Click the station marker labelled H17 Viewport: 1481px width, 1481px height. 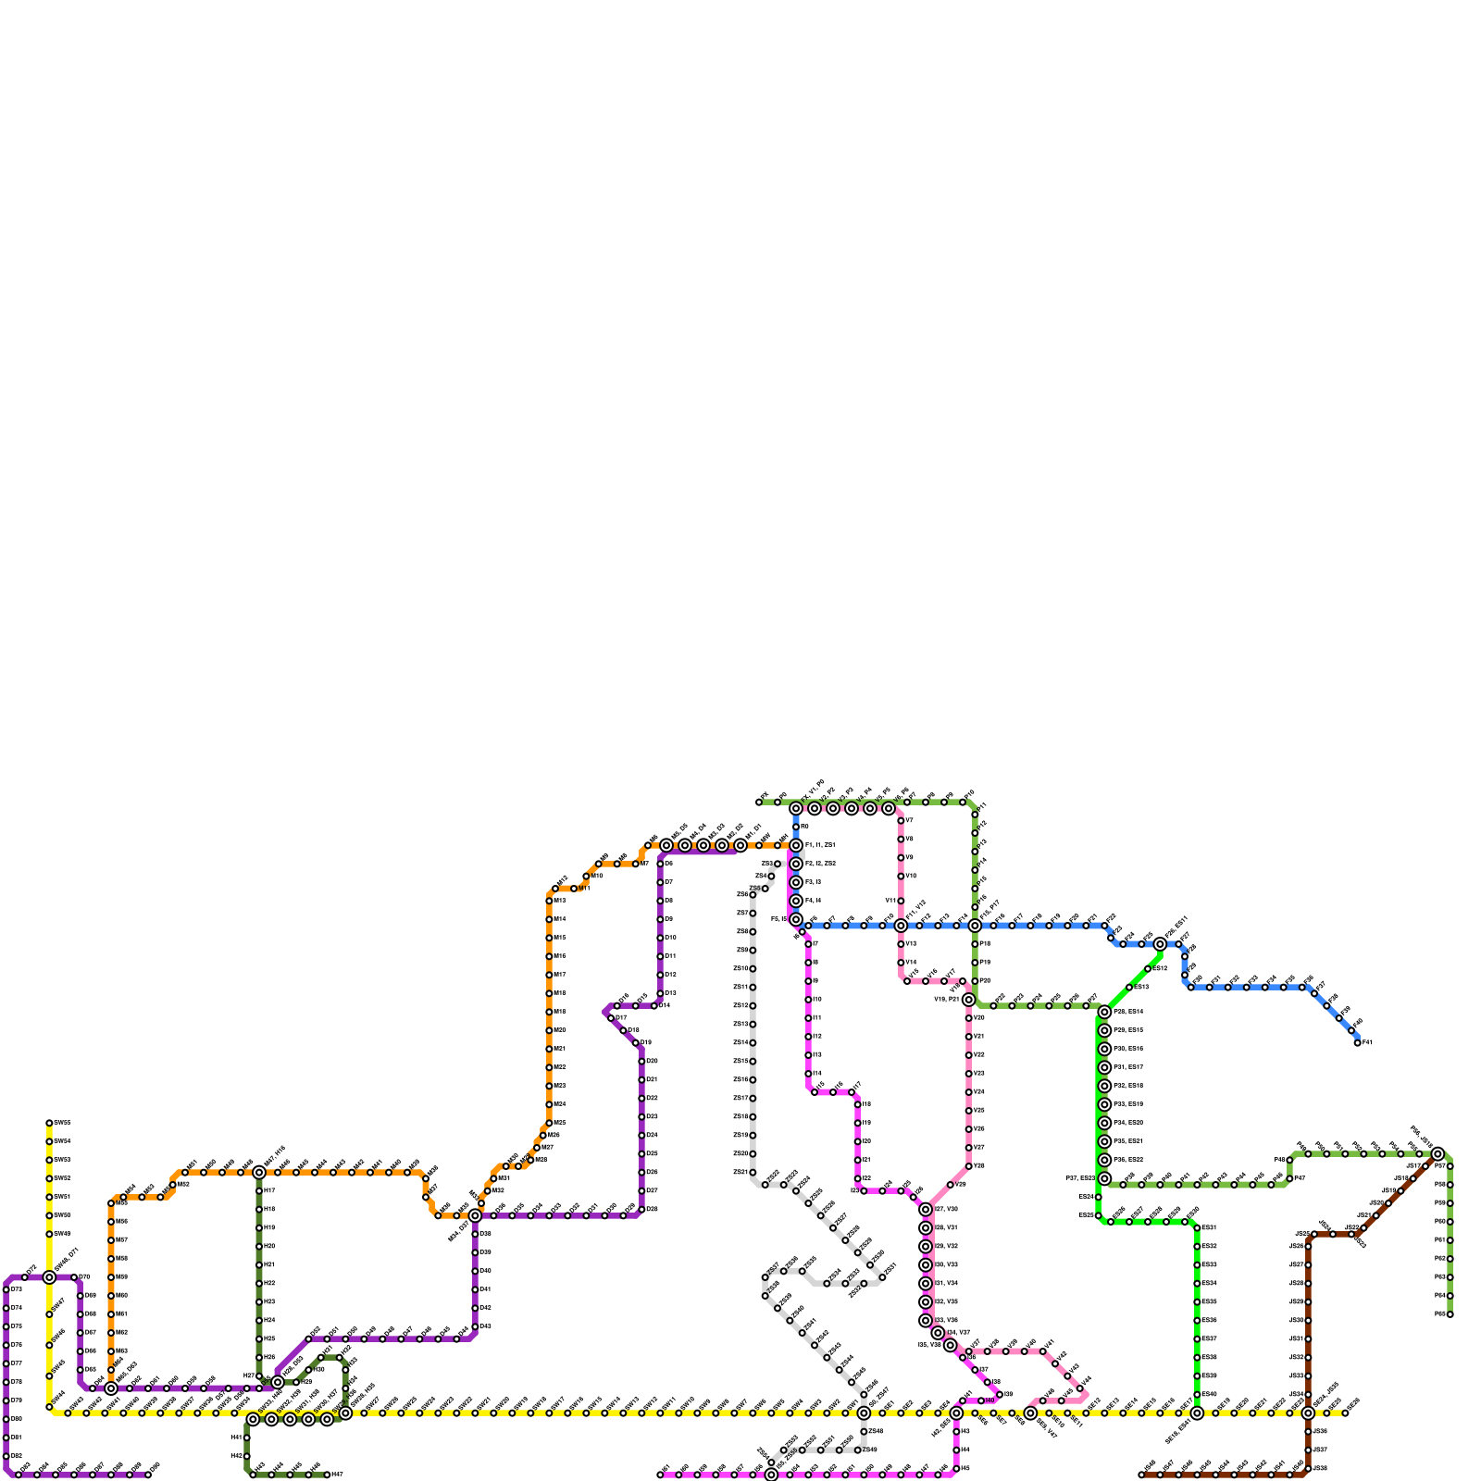(259, 1190)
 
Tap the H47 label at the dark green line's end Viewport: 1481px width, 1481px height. (338, 1475)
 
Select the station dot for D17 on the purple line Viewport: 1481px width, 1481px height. (611, 1018)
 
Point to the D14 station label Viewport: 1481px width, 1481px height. (665, 1005)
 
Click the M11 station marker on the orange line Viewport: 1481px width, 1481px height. (574, 889)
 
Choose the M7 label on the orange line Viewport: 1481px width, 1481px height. (644, 864)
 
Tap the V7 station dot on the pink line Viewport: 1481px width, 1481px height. (901, 820)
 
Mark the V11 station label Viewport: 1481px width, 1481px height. (890, 901)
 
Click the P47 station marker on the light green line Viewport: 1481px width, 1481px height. (1289, 1178)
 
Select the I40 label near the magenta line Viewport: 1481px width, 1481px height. (989, 1400)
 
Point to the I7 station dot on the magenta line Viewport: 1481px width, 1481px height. (808, 943)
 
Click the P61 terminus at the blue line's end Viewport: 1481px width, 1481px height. (1357, 1043)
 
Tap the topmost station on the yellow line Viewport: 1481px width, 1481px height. (49, 1123)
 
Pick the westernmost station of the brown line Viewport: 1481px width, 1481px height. (1141, 1475)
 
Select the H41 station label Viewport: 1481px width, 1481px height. (236, 1437)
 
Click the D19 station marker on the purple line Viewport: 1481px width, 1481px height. (635, 1043)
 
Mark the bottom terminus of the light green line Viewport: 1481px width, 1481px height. (1450, 1313)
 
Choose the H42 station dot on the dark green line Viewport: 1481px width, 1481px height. (246, 1456)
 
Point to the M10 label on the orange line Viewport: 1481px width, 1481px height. (597, 876)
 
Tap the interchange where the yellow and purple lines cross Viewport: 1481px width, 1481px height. (49, 1277)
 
